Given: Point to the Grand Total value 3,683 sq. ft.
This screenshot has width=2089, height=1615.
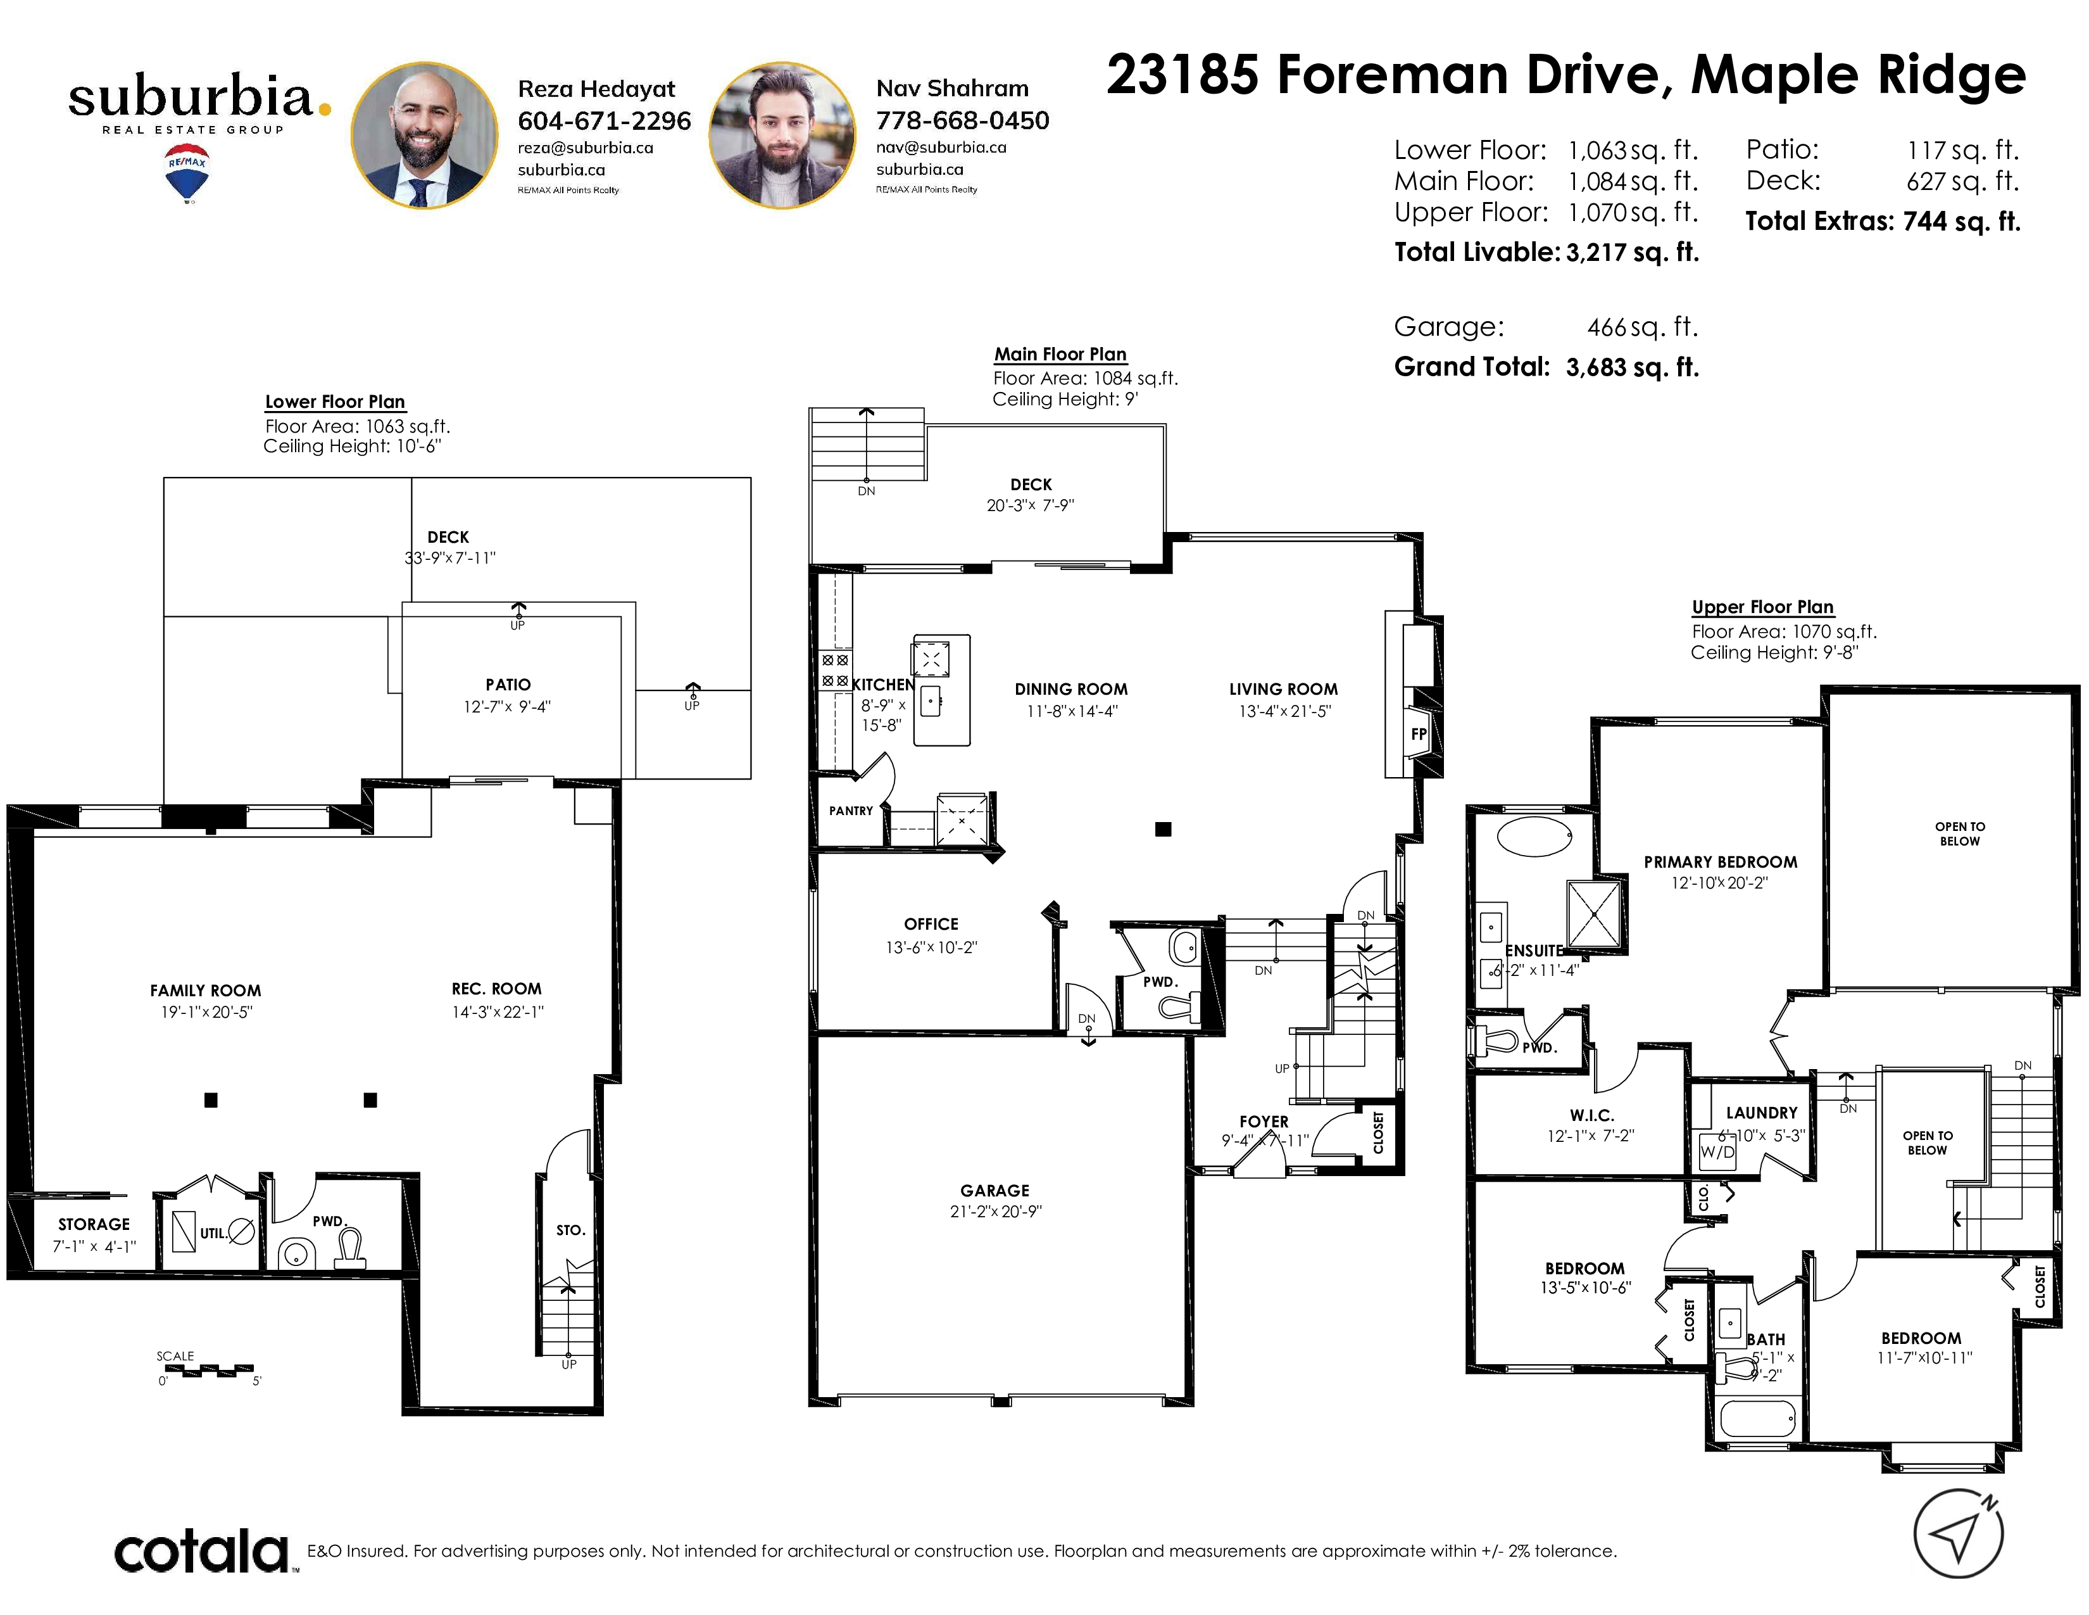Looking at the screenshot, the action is coord(1632,367).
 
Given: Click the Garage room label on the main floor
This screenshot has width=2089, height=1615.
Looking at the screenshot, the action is coord(994,1190).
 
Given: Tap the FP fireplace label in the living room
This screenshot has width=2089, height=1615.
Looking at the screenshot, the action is coord(1419,734).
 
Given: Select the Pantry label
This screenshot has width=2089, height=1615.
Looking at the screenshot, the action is coord(851,811).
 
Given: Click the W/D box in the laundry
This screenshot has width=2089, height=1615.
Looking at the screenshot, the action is coord(1717,1151).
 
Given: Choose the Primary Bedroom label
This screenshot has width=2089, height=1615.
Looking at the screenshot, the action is coord(1720,862).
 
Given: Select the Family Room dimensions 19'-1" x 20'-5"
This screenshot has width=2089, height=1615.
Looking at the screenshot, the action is coord(206,1012).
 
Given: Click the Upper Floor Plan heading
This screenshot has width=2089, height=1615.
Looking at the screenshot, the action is coord(1763,607).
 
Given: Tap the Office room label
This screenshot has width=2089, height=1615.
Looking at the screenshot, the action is coord(931,924).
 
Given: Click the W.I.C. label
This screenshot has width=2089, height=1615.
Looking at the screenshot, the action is coord(1591,1115).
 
